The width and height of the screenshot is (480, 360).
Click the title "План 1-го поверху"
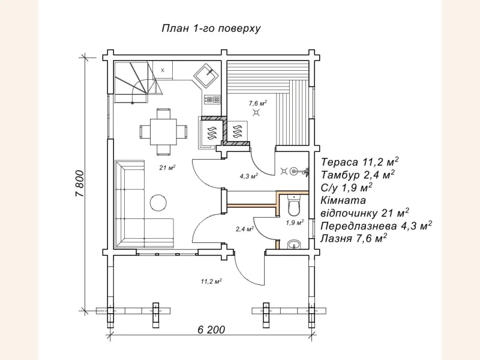click(211, 28)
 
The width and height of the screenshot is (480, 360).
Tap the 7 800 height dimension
click(79, 184)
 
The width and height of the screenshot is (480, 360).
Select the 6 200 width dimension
click(211, 329)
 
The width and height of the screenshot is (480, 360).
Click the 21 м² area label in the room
click(167, 167)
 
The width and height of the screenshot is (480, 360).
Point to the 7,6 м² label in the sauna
click(258, 103)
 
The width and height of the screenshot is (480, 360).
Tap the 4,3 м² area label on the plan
click(248, 176)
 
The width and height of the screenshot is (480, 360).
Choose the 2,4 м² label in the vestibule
click(245, 229)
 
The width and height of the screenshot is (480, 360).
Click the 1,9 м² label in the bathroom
click(295, 222)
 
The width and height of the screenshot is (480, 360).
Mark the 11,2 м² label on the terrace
click(211, 281)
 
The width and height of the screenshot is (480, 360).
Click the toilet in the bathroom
click(295, 205)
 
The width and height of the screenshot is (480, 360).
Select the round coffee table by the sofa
click(158, 203)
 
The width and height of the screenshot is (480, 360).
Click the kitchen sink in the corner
click(206, 75)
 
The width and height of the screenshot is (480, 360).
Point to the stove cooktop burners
click(212, 99)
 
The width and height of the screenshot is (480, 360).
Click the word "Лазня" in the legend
click(336, 238)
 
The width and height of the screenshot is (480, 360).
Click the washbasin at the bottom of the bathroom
click(295, 244)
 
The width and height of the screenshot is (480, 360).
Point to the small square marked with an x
click(163, 70)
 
